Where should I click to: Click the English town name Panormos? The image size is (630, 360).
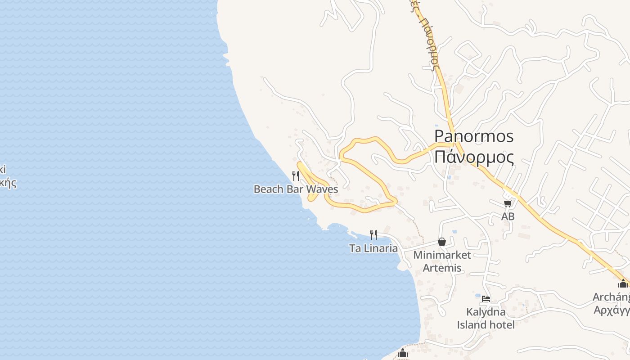(474, 136)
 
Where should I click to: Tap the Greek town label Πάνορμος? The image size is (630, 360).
(474, 157)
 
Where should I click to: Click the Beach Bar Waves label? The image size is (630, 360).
(296, 189)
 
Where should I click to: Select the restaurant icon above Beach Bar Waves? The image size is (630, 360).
(296, 176)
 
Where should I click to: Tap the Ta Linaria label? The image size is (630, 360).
(373, 248)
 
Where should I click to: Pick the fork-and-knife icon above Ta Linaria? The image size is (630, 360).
(373, 234)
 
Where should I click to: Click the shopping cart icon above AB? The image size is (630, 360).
(508, 204)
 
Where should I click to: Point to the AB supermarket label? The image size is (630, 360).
(508, 216)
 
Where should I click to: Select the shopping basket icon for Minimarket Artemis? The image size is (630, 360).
(442, 242)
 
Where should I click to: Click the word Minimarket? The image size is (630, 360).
(442, 255)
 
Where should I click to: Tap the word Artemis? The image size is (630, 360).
(442, 268)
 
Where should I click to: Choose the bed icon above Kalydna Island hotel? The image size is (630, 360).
(486, 299)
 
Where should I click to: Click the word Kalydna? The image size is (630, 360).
(486, 312)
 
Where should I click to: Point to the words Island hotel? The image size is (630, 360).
(486, 324)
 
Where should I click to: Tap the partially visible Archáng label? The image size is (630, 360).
(611, 297)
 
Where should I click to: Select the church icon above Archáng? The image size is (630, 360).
(623, 284)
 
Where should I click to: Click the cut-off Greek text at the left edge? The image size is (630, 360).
(8, 176)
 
